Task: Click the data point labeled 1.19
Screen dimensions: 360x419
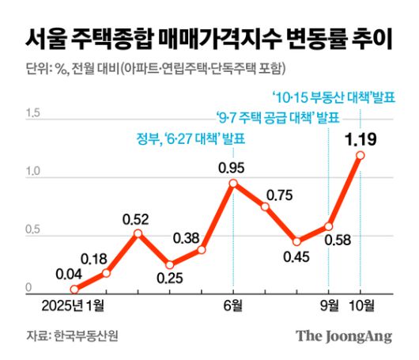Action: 360,155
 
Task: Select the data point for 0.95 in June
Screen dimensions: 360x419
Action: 233,183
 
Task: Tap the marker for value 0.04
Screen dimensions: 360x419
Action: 74,290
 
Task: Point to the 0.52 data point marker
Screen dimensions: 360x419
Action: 138,233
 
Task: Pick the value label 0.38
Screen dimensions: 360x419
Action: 187,236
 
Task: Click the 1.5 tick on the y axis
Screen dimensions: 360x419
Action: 33,114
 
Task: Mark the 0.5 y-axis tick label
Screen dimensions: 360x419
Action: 33,231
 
